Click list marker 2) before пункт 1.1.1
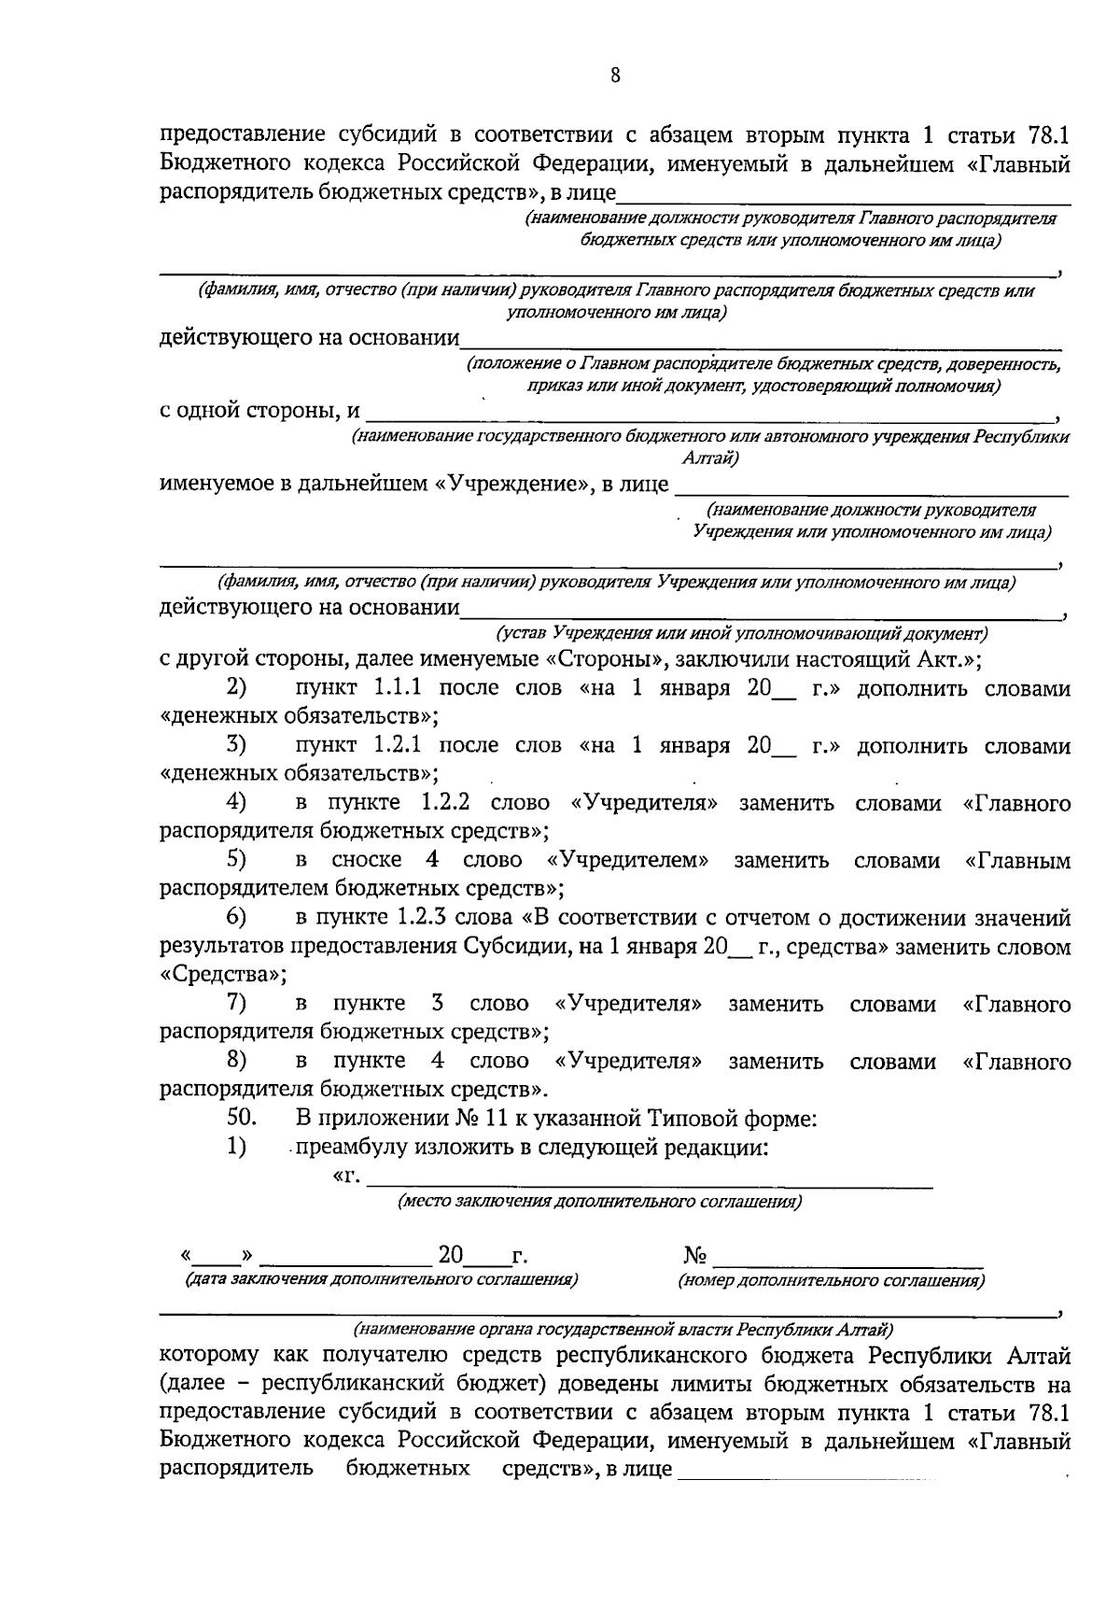pyautogui.click(x=237, y=688)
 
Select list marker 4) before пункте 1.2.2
pyautogui.click(x=237, y=803)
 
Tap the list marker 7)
pyautogui.click(x=237, y=1004)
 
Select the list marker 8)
pyautogui.click(x=237, y=1061)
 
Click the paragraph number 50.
pyautogui.click(x=242, y=1118)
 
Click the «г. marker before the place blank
pyautogui.click(x=346, y=1176)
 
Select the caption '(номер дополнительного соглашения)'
pyautogui.click(x=831, y=1281)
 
